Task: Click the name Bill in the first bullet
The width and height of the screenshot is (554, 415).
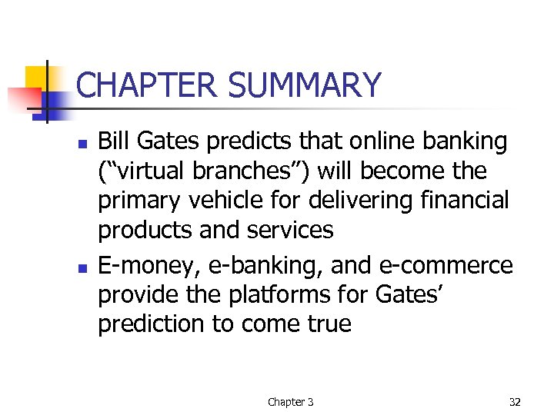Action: (x=115, y=141)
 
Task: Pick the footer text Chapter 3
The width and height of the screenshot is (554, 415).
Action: (x=290, y=402)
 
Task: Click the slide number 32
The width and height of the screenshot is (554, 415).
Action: (x=514, y=402)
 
